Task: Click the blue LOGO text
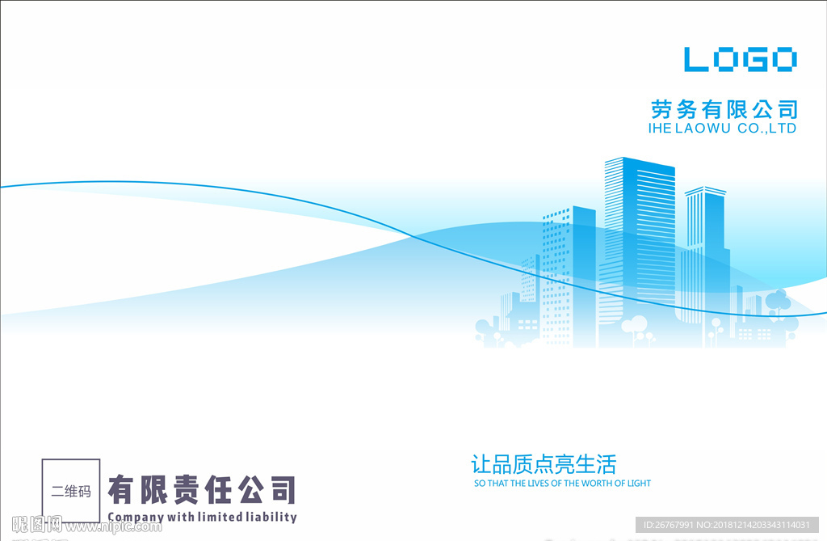[741, 59]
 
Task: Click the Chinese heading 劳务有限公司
[724, 110]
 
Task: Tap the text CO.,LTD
[767, 129]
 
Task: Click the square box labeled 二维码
[71, 491]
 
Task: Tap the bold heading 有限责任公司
[202, 490]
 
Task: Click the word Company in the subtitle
[136, 517]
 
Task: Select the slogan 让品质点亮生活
[544, 464]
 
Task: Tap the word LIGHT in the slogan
[639, 483]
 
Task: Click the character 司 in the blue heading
[787, 110]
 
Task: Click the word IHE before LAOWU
[660, 129]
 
